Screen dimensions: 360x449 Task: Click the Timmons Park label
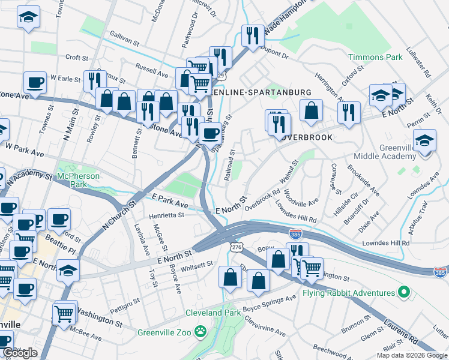click(376, 57)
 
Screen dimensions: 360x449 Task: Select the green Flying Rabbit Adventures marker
click(404, 293)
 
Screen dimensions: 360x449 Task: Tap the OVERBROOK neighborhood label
click(304, 137)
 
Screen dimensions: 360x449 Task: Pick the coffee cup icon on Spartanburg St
click(209, 134)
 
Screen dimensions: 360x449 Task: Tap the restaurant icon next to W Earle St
click(94, 80)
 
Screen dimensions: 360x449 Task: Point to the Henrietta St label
click(167, 215)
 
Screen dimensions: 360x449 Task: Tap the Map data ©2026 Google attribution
click(412, 355)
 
